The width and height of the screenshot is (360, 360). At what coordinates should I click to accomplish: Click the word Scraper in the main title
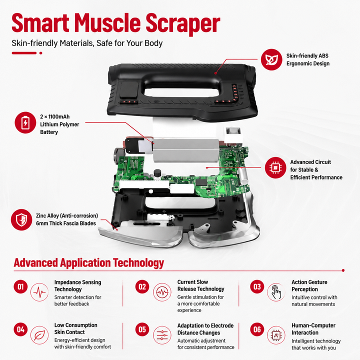(x=183, y=23)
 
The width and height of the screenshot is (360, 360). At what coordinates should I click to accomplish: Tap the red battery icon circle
(x=25, y=122)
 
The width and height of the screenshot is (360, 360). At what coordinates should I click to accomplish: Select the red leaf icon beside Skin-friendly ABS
(x=271, y=59)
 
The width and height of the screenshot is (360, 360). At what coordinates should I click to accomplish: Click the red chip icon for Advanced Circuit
(x=275, y=167)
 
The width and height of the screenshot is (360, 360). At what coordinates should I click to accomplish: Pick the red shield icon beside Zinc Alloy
(x=21, y=219)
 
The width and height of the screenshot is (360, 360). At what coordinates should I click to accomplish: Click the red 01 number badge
(x=20, y=286)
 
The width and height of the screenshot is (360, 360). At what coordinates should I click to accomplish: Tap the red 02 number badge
(x=142, y=286)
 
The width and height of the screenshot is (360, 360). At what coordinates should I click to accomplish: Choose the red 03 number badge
(x=257, y=286)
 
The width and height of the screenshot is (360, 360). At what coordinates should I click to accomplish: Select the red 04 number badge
(x=20, y=329)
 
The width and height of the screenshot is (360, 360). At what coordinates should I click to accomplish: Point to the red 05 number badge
(x=142, y=329)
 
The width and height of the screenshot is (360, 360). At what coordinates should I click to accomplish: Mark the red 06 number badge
(x=257, y=329)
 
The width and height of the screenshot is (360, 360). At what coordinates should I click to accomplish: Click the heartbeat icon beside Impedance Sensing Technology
(x=39, y=292)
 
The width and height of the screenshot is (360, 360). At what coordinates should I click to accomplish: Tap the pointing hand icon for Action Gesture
(x=276, y=292)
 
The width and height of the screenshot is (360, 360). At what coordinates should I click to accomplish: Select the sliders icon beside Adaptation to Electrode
(x=162, y=335)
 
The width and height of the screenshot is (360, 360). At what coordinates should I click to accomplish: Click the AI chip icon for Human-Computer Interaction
(x=276, y=335)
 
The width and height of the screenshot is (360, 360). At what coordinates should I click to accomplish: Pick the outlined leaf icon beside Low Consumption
(x=39, y=335)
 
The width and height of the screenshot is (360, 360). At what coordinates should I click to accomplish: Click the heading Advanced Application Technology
(x=89, y=263)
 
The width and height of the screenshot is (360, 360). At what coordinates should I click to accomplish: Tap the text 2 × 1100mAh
(x=55, y=116)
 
